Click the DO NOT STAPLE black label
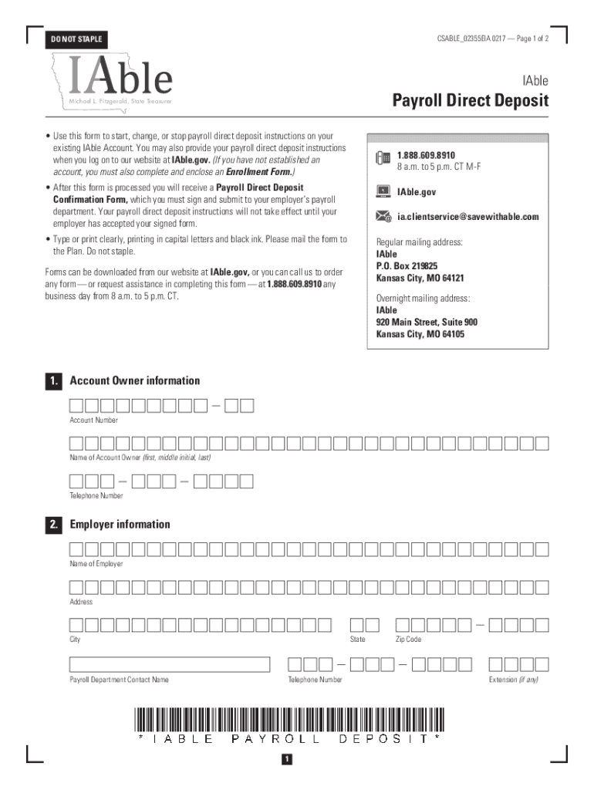pyautogui.click(x=76, y=39)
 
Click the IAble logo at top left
pyautogui.click(x=120, y=77)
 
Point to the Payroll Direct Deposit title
pyautogui.click(x=470, y=100)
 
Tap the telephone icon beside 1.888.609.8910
pyautogui.click(x=383, y=159)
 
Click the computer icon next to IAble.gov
pyautogui.click(x=383, y=191)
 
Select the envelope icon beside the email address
pyautogui.click(x=383, y=217)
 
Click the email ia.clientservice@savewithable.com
pyautogui.click(x=467, y=217)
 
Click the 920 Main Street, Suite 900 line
pyautogui.click(x=427, y=322)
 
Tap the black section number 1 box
pyautogui.click(x=53, y=381)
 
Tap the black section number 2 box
pyautogui.click(x=53, y=525)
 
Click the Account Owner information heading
pyautogui.click(x=135, y=380)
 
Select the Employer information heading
pyautogui.click(x=120, y=525)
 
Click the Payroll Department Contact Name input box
pyautogui.click(x=170, y=664)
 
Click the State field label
pyautogui.click(x=357, y=640)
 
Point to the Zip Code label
pyautogui.click(x=408, y=640)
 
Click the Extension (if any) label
pyautogui.click(x=513, y=680)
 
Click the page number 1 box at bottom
pyautogui.click(x=286, y=760)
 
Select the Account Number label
pyautogui.click(x=94, y=420)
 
